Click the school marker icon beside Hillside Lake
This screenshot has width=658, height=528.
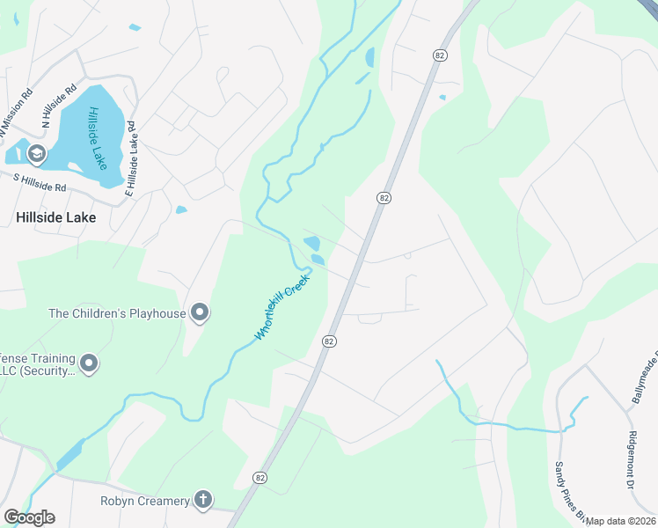click(x=36, y=155)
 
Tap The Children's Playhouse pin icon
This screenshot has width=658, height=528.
click(x=200, y=312)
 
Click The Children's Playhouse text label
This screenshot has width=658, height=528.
click(x=117, y=313)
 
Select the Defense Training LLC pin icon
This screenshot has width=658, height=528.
click(x=89, y=363)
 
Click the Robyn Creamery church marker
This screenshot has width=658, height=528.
click(x=203, y=501)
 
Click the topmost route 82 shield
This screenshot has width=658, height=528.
click(x=440, y=55)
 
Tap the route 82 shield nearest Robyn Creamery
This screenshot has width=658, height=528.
click(x=259, y=477)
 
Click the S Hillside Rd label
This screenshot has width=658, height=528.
click(x=40, y=182)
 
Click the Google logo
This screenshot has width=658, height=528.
click(x=29, y=517)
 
